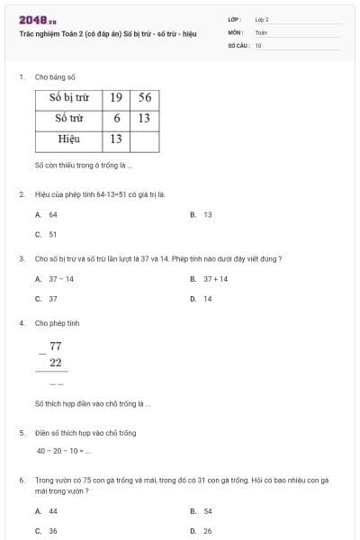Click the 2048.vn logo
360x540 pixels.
[x=37, y=20]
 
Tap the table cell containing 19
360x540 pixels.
[x=116, y=97]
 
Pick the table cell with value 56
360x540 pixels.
[x=144, y=97]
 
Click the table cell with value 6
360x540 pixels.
[x=116, y=118]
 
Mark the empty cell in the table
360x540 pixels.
[x=144, y=139]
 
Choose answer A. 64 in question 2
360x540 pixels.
[x=47, y=215]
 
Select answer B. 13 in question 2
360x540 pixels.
[x=202, y=215]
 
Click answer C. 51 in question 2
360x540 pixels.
[x=47, y=234]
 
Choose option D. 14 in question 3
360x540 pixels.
[x=202, y=298]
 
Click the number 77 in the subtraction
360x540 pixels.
[x=56, y=346]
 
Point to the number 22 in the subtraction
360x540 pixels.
[x=56, y=363]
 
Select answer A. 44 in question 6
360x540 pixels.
[x=47, y=511]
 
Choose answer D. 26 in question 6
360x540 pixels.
[x=202, y=530]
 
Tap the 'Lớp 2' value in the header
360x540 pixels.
[x=262, y=19]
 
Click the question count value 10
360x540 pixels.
[x=258, y=44]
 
